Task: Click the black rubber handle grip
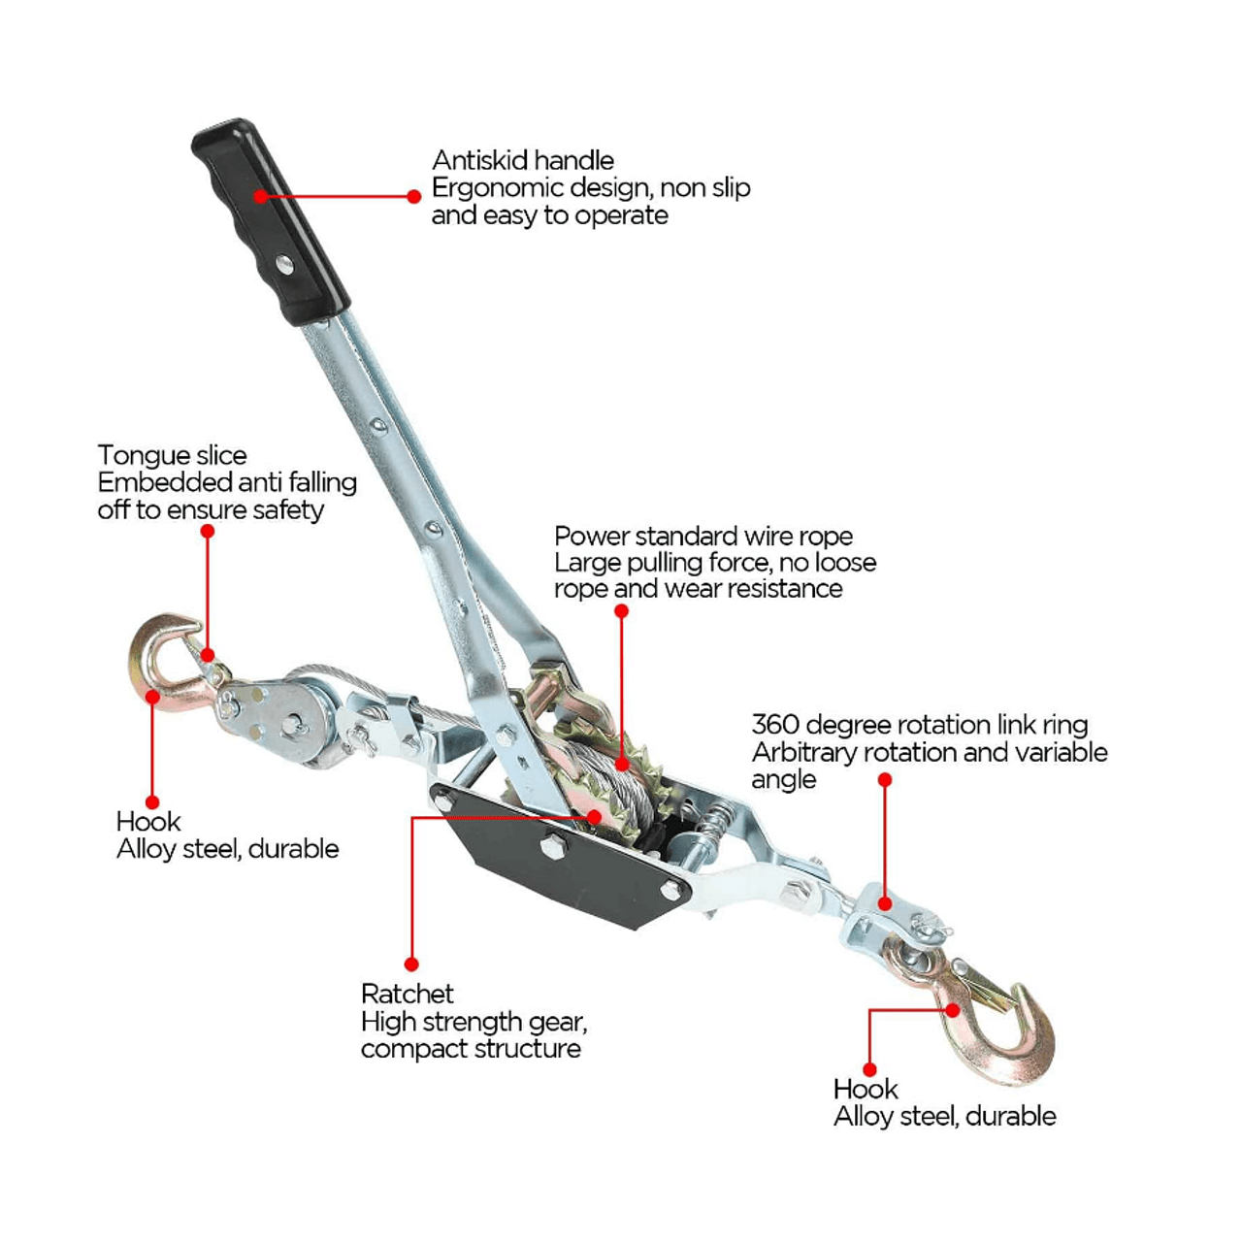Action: coord(271,222)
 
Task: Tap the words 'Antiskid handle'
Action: coord(523,160)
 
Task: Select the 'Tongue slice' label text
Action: coord(172,456)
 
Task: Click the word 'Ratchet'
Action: coord(408,994)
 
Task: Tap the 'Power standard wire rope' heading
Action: coord(703,537)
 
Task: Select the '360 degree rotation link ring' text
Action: coord(920,725)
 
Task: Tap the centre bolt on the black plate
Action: coord(552,845)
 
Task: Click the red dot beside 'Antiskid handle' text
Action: coord(414,196)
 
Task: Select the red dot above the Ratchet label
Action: coord(411,964)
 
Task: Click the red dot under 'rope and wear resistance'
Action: coord(621,610)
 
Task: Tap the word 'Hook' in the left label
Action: coord(148,822)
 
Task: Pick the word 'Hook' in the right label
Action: coord(865,1090)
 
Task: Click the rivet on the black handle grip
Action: coord(283,264)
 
